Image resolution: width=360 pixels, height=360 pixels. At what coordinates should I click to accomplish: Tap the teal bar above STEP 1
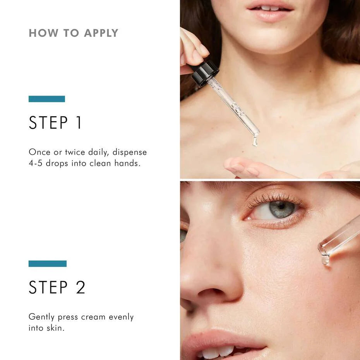[47, 99]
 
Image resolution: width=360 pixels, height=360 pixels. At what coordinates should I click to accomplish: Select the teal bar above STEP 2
[48, 264]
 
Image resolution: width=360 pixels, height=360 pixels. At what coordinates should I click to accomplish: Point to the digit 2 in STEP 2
[80, 287]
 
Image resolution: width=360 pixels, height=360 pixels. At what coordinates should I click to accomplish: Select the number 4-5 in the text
[36, 163]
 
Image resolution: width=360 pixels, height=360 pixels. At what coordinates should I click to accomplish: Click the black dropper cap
[205, 72]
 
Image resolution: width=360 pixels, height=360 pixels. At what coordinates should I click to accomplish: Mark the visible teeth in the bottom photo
[217, 353]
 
